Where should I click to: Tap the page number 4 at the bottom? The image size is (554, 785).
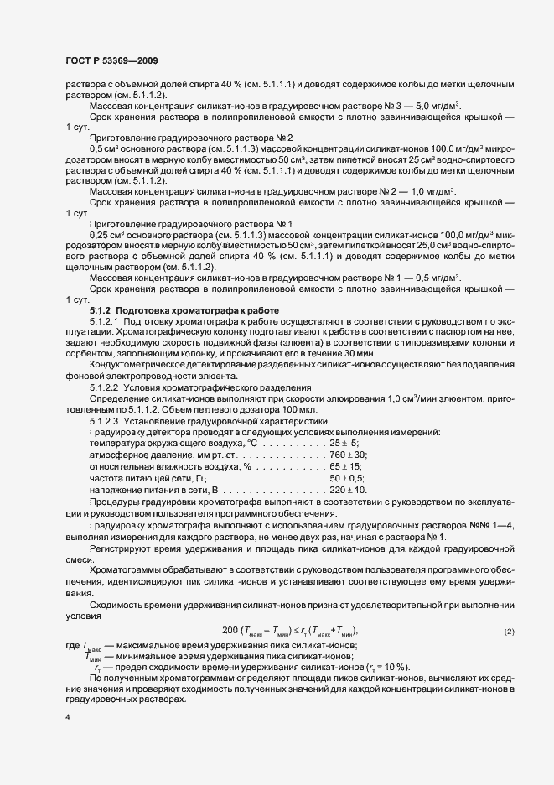pos(66,719)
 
